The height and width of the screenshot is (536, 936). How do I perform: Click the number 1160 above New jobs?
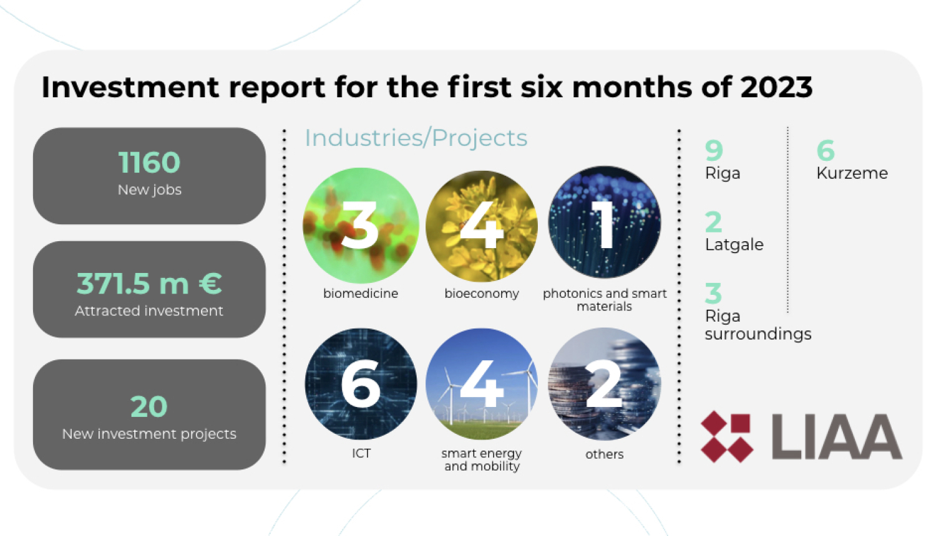[x=149, y=163]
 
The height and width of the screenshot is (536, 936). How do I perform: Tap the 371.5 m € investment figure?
[x=149, y=284]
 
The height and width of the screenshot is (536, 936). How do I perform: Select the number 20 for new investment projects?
[x=149, y=407]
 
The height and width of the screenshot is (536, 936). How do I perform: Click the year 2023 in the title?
[x=776, y=87]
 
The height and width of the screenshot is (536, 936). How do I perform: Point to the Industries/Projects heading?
[x=416, y=138]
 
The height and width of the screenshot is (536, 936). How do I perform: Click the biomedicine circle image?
[x=361, y=225]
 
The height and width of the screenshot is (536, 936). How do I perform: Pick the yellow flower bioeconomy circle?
[x=482, y=225]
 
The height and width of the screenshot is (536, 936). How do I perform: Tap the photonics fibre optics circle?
[x=604, y=223]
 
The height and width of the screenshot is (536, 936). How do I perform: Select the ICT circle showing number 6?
[x=361, y=384]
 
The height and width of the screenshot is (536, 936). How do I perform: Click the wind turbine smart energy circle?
[x=482, y=384]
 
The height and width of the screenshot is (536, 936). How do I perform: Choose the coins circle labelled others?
[x=604, y=384]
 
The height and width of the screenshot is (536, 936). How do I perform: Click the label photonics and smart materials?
[x=604, y=300]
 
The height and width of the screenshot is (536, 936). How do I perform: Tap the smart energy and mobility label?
[x=482, y=460]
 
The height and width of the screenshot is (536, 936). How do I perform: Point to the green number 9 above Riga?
[x=714, y=150]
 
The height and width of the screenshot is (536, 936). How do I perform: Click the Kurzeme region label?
[x=852, y=173]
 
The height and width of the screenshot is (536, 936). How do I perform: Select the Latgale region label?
[x=734, y=244]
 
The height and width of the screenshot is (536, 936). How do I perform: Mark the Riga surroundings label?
[x=758, y=325]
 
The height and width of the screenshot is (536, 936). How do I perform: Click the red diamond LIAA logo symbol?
[x=726, y=437]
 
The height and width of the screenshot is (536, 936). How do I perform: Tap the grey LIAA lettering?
[x=836, y=437]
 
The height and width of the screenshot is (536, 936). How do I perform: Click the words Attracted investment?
[x=149, y=310]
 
